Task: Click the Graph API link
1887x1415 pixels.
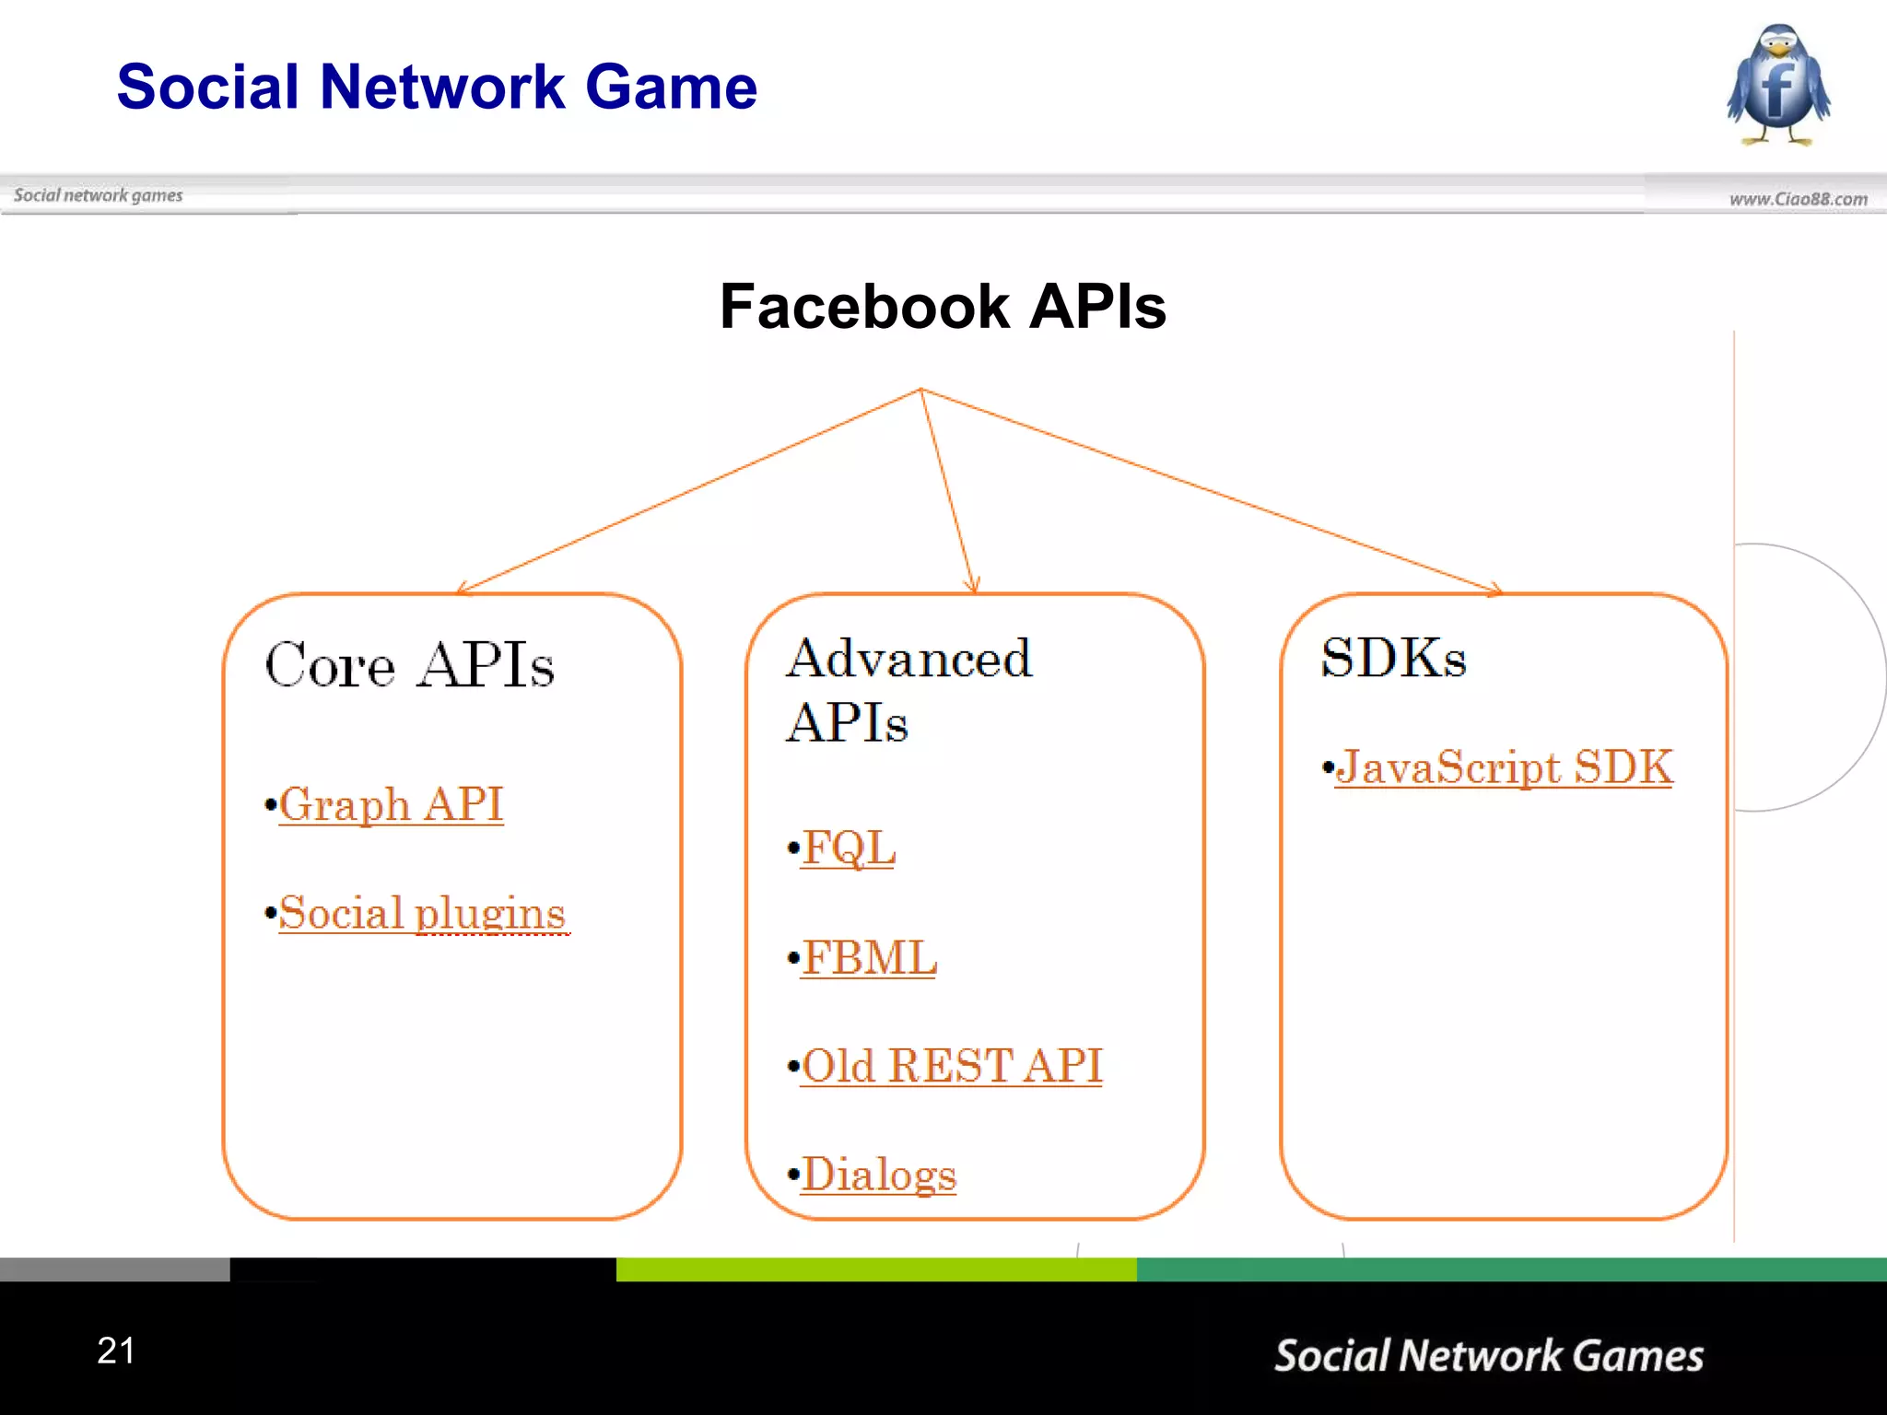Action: coord(391,804)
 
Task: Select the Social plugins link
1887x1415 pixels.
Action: coord(422,913)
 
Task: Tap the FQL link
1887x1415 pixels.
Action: coord(848,848)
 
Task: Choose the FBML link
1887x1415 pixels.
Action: coord(869,957)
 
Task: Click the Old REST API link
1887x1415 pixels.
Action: coord(951,1066)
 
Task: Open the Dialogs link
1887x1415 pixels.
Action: coord(879,1175)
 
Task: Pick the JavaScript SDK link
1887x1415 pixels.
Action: coord(1504,766)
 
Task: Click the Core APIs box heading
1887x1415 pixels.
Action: coord(410,664)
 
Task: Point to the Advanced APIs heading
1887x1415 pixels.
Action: coord(908,689)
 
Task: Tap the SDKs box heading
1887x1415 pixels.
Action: coord(1393,658)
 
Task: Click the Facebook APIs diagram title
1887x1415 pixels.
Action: coord(943,306)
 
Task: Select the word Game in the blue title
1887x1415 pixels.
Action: coord(671,87)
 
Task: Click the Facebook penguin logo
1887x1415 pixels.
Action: coord(1778,85)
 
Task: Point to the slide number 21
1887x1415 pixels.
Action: coord(116,1351)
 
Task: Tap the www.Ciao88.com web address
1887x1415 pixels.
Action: coord(1798,199)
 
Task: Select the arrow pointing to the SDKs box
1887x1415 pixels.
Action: coord(1207,489)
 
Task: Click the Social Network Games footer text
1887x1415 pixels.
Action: coord(1488,1355)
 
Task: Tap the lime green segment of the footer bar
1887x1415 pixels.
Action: coord(875,1269)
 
